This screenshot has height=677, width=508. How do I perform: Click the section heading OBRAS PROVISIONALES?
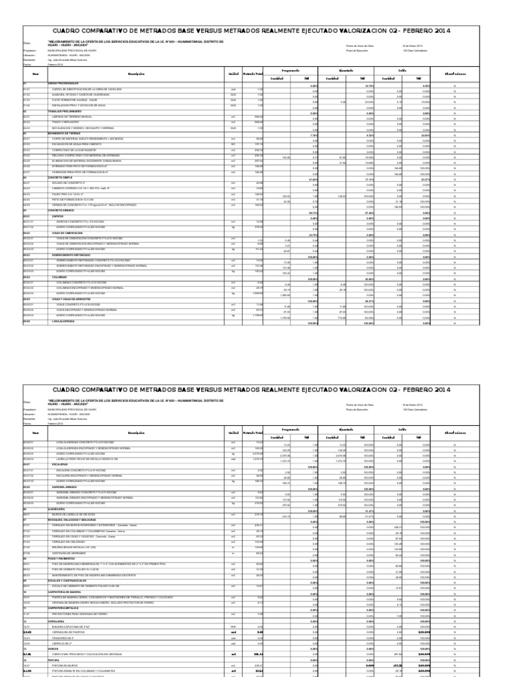(x=56, y=83)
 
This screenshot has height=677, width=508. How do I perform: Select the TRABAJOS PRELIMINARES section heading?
(x=58, y=112)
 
